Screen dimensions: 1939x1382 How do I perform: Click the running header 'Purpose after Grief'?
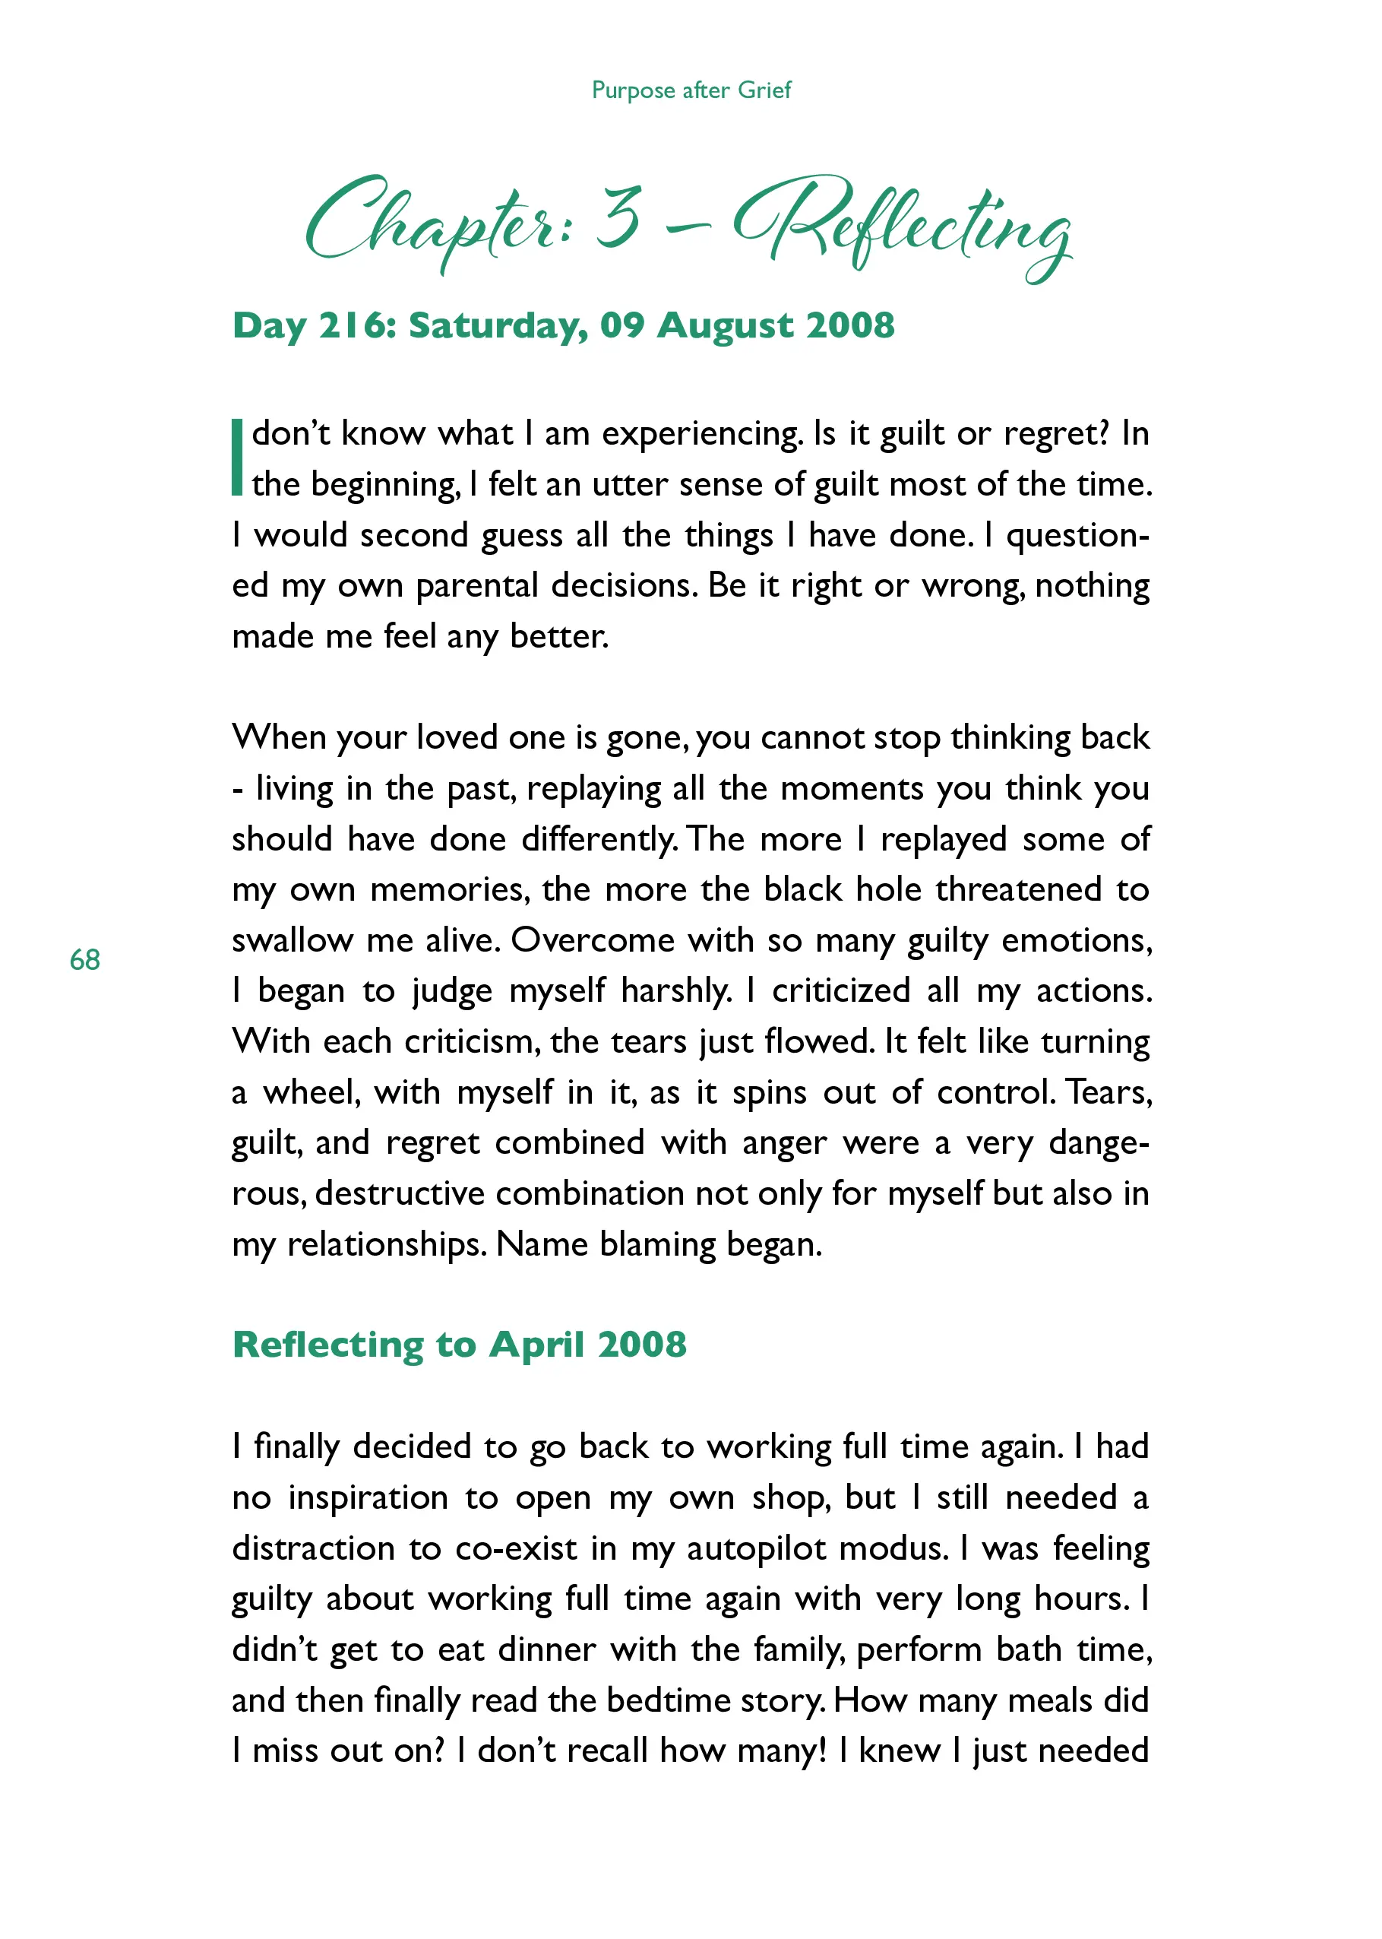coord(691,90)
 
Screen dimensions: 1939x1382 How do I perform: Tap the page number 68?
coord(85,960)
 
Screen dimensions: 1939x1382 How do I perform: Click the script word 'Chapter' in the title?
coord(434,221)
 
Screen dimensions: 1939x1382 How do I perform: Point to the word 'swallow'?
coord(292,940)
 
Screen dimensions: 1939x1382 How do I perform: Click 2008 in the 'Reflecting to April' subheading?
coord(642,1345)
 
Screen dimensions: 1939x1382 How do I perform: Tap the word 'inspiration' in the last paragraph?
coord(368,1497)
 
